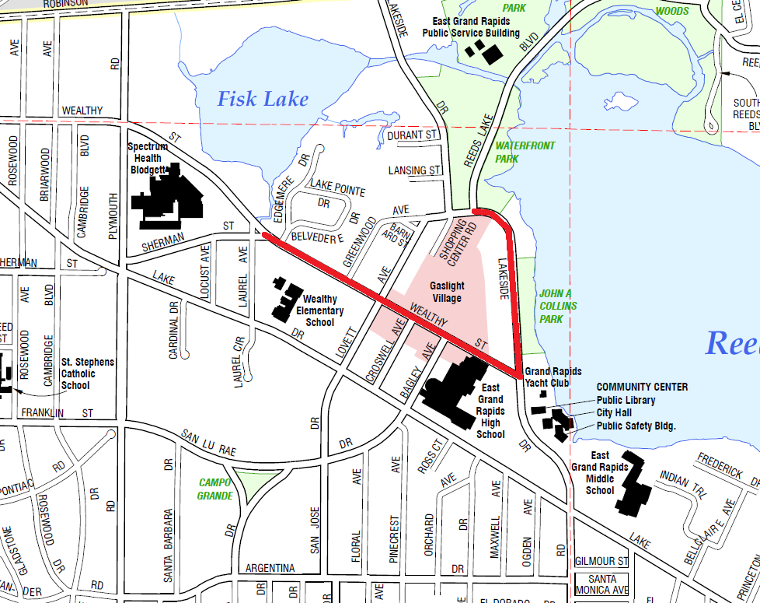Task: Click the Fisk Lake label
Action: click(x=262, y=99)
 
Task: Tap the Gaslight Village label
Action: click(x=447, y=292)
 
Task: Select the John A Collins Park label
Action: click(x=557, y=306)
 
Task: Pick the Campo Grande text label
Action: click(x=215, y=489)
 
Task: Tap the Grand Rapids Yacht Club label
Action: click(x=553, y=377)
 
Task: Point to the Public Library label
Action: click(x=626, y=400)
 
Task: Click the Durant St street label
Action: click(x=413, y=135)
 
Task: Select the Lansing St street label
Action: click(x=414, y=170)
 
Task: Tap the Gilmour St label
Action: click(x=601, y=561)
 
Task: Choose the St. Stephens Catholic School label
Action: click(x=87, y=373)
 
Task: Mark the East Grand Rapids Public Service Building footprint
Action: click(x=484, y=51)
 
